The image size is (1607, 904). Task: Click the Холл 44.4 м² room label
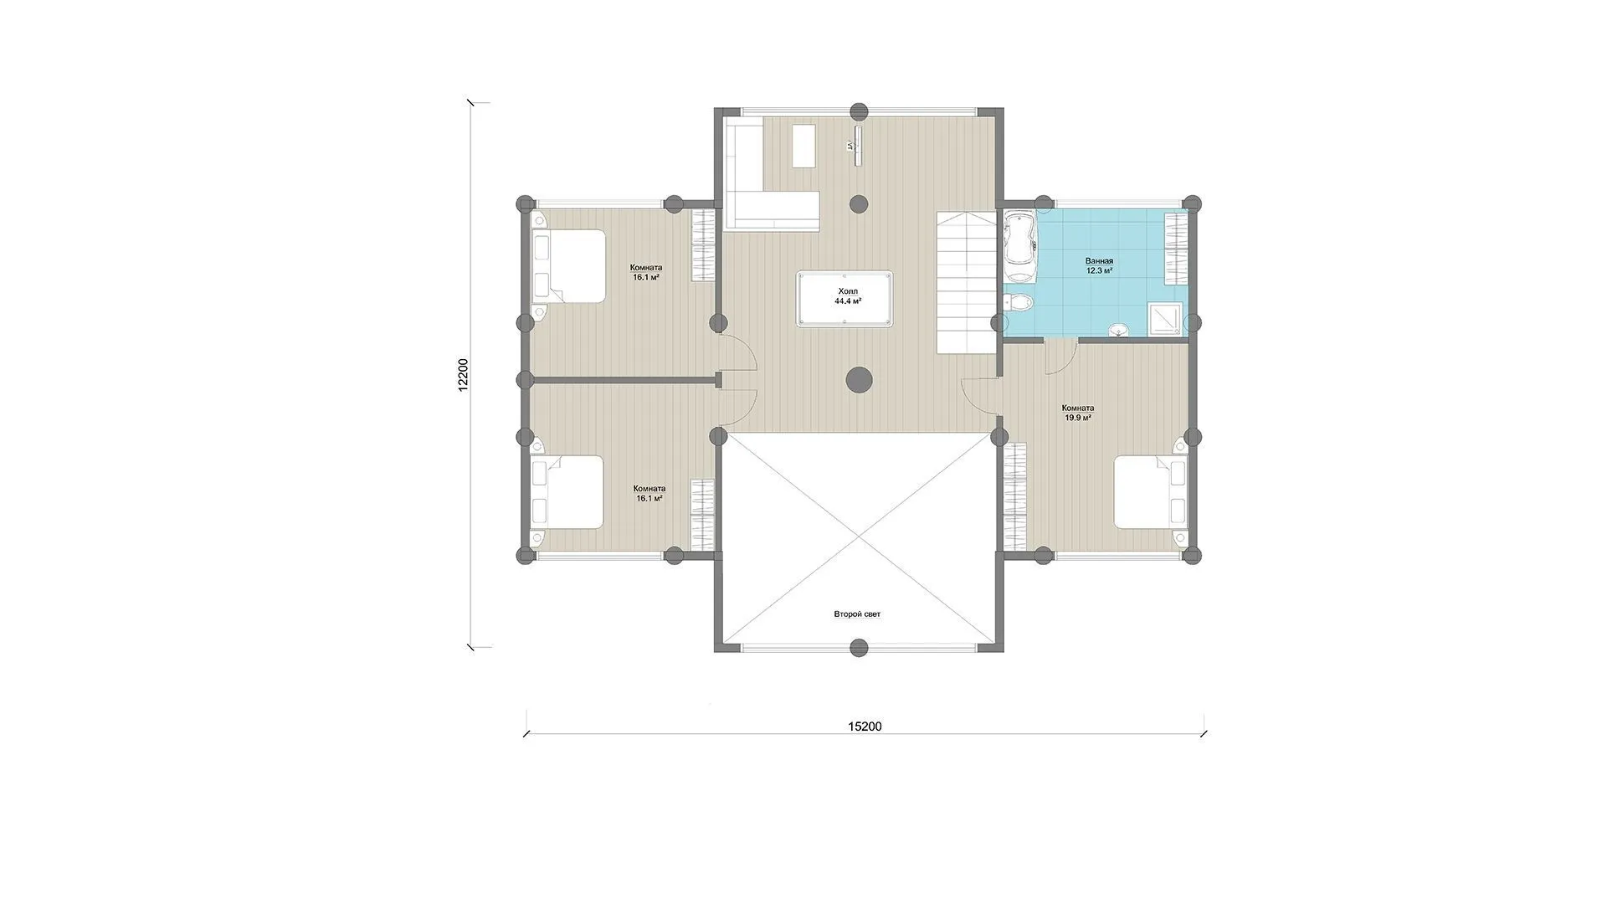click(x=848, y=296)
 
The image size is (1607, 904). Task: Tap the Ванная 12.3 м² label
click(x=1099, y=266)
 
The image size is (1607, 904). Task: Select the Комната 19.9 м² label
click(x=1077, y=413)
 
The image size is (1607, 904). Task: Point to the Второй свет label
click(x=857, y=614)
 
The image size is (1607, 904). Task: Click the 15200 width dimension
click(x=865, y=727)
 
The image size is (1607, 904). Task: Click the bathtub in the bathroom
click(x=1019, y=247)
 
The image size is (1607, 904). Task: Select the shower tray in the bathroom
click(x=1167, y=320)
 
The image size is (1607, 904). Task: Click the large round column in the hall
click(x=859, y=380)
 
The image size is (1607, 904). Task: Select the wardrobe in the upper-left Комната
click(x=703, y=245)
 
